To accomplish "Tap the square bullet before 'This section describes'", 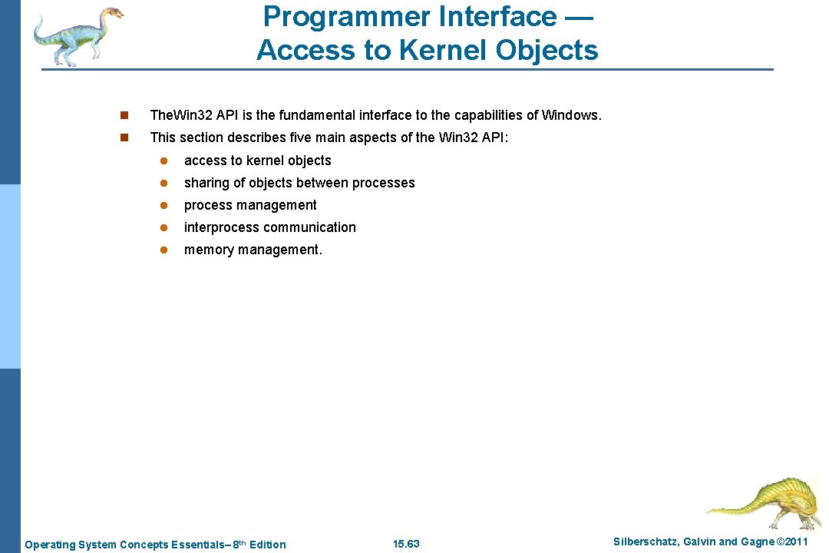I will coord(124,138).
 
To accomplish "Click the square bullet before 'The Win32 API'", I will coord(124,116).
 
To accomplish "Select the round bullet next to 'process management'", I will coord(163,206).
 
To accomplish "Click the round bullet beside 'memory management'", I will coord(163,250).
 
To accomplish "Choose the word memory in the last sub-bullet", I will coord(209,250).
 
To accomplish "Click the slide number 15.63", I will coord(406,544).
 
